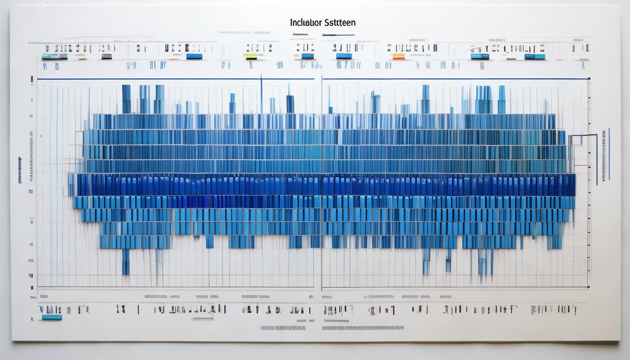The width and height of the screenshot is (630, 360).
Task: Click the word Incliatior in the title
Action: tap(306, 22)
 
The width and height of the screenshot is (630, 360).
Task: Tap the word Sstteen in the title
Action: tap(338, 22)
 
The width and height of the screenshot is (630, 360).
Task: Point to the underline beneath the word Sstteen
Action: tap(322, 35)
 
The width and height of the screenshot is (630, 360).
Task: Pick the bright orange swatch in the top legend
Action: tap(398, 56)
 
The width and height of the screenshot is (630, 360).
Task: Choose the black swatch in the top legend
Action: tap(106, 56)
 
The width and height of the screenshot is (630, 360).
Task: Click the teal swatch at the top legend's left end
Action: tap(48, 56)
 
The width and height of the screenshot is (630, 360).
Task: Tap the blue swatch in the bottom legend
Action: tap(52, 317)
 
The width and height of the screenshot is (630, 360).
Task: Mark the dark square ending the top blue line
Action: tap(588, 79)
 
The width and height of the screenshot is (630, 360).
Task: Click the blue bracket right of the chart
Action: tap(583, 137)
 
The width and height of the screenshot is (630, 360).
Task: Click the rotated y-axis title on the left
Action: tap(20, 170)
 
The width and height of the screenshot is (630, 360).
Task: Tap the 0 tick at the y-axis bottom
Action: tap(31, 287)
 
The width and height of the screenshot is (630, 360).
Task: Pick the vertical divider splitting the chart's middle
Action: tap(321, 183)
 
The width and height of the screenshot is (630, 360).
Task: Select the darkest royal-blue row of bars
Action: tap(323, 185)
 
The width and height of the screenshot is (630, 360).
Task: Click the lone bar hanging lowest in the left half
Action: tap(125, 262)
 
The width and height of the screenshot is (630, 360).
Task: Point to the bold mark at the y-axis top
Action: tap(31, 79)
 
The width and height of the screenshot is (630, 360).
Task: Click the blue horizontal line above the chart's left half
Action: tap(176, 79)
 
